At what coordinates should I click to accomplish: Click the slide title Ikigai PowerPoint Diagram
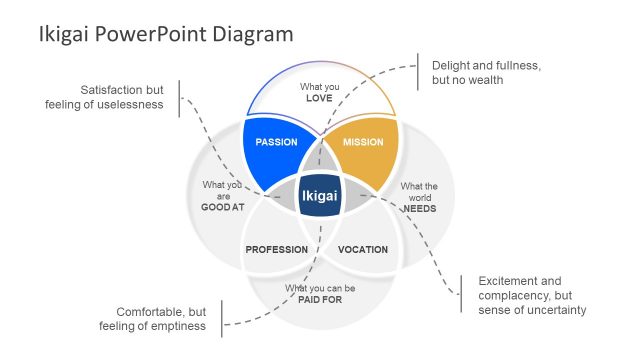[x=166, y=34]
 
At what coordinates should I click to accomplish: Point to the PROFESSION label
[x=277, y=249]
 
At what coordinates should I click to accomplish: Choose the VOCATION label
[x=362, y=249]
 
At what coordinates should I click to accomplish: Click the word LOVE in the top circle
[x=319, y=98]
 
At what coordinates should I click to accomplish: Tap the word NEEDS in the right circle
[x=418, y=208]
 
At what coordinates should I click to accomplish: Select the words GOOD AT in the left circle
[x=222, y=208]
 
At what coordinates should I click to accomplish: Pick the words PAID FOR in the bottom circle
[x=320, y=300]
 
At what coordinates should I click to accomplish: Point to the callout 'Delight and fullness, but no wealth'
[x=486, y=72]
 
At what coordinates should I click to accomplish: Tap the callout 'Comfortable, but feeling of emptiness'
[x=153, y=318]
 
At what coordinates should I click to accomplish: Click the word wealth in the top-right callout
[x=484, y=80]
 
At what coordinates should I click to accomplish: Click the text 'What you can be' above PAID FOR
[x=320, y=289]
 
